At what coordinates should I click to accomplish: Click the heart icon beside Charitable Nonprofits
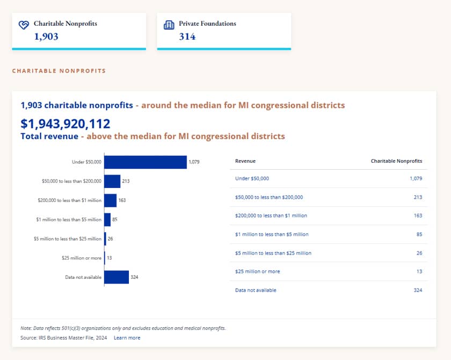pyautogui.click(x=24, y=25)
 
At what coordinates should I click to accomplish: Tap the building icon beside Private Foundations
pyautogui.click(x=169, y=25)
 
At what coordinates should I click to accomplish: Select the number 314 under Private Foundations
pyautogui.click(x=187, y=37)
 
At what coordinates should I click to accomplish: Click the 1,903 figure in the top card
pyautogui.click(x=46, y=37)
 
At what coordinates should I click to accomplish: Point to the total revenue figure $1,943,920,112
pyautogui.click(x=66, y=124)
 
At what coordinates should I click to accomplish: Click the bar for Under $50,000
pyautogui.click(x=146, y=162)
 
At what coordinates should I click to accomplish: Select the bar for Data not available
pyautogui.click(x=117, y=277)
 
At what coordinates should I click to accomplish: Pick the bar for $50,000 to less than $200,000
pyautogui.click(x=112, y=181)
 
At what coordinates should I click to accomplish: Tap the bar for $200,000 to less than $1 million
pyautogui.click(x=111, y=200)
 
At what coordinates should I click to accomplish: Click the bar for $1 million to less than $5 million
pyautogui.click(x=107, y=220)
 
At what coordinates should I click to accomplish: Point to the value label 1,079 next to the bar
pyautogui.click(x=194, y=162)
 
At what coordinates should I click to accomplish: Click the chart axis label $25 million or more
pyautogui.click(x=82, y=258)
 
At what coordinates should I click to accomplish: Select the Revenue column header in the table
pyautogui.click(x=245, y=161)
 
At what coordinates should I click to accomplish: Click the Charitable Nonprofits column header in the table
pyautogui.click(x=396, y=161)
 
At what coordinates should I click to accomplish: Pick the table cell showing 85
pyautogui.click(x=419, y=234)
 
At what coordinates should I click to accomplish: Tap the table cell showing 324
pyautogui.click(x=418, y=290)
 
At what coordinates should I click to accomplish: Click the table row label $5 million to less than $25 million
pyautogui.click(x=273, y=253)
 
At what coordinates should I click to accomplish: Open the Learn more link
pyautogui.click(x=127, y=338)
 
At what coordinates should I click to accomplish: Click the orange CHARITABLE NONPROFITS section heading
pyautogui.click(x=59, y=71)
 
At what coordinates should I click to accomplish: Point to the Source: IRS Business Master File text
pyautogui.click(x=63, y=338)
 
